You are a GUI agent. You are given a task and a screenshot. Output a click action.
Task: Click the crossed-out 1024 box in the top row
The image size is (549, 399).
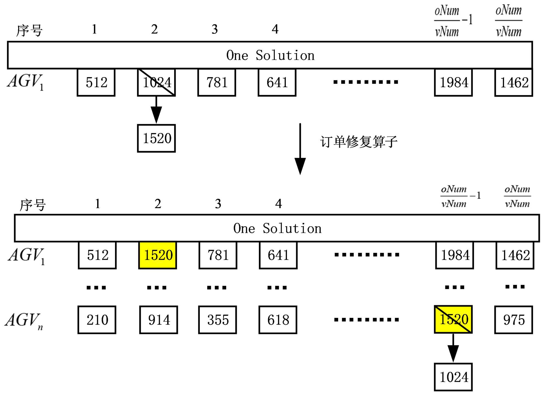[156, 82]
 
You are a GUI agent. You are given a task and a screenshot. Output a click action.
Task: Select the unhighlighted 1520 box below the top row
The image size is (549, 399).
[156, 138]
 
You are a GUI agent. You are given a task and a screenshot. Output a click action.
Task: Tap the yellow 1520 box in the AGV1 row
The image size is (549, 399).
[158, 255]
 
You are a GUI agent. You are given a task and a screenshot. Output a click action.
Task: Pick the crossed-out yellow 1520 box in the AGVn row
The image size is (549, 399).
[453, 319]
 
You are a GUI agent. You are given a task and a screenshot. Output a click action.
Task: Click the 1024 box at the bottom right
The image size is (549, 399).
[453, 377]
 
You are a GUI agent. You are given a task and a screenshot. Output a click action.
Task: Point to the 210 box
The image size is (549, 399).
[97, 320]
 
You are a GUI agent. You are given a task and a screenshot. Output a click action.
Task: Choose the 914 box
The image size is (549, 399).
[159, 320]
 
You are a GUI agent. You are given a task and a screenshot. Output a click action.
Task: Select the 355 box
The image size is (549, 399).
[217, 320]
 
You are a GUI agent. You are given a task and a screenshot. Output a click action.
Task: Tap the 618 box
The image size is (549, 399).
[278, 320]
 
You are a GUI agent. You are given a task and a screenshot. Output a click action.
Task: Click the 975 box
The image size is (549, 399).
[514, 320]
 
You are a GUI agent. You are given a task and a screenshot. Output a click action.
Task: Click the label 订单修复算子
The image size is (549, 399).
[358, 142]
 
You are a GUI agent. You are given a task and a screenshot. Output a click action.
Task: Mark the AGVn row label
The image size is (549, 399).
[24, 320]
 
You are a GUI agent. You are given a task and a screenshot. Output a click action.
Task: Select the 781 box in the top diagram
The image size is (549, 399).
[217, 82]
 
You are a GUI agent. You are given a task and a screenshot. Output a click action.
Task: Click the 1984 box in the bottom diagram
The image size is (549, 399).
[455, 255]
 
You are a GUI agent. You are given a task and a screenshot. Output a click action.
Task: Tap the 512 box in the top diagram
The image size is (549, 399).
[96, 82]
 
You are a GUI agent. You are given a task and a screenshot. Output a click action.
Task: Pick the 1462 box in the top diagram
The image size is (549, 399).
[514, 82]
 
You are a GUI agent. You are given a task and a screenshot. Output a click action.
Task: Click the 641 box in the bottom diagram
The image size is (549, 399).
[278, 255]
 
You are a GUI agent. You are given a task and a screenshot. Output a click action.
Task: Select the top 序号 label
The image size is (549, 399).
[29, 30]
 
